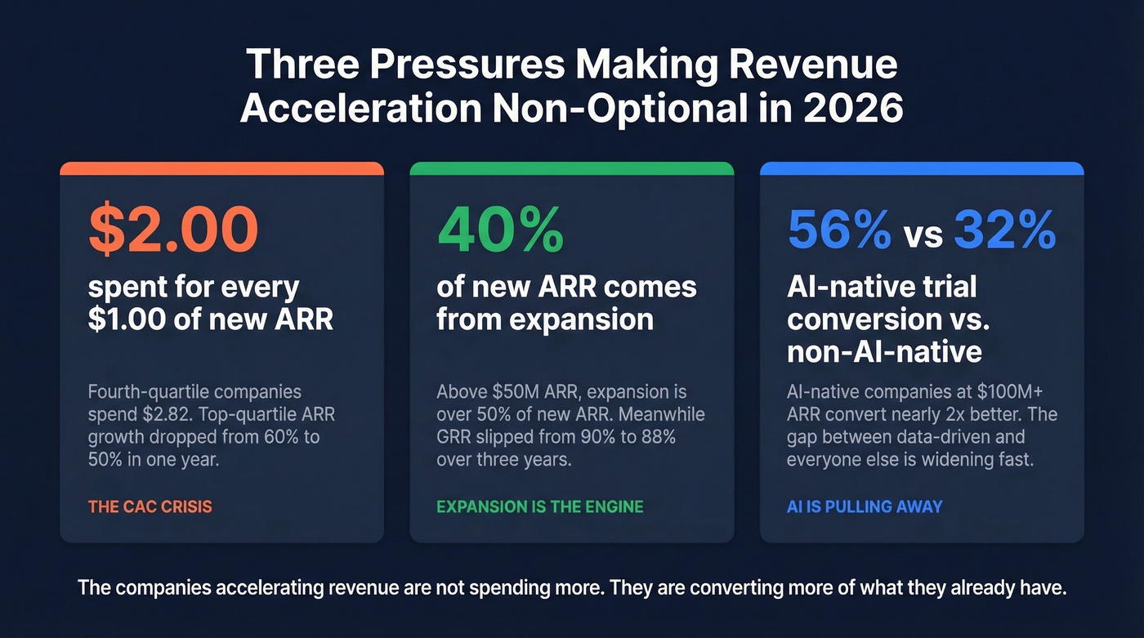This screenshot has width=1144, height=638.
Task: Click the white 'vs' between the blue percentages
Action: point(923,234)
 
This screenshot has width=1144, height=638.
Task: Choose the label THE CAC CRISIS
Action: point(150,506)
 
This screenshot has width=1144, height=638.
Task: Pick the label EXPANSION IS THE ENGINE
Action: point(539,506)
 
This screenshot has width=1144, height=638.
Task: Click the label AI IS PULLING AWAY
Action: point(864,506)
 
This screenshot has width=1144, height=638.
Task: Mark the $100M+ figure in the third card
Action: point(1027,391)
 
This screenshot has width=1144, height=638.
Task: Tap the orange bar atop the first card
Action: point(221,168)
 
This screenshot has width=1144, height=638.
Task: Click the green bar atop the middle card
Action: point(571,168)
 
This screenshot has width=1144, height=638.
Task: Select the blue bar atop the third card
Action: point(922,168)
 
